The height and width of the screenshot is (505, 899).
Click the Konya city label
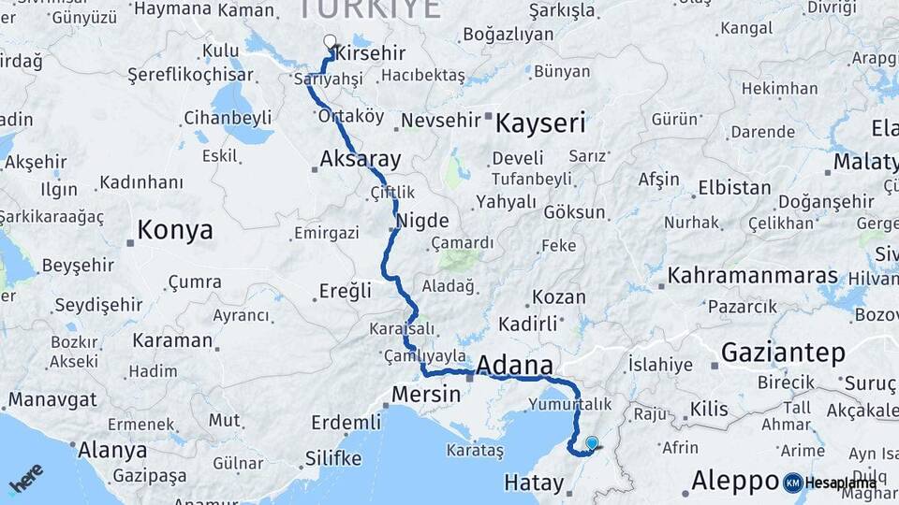point(175,230)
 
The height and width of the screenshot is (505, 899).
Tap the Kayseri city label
point(540,123)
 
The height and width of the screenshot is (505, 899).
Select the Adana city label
point(514,365)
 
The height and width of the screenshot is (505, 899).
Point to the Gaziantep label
point(783,353)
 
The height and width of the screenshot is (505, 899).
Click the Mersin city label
point(426,394)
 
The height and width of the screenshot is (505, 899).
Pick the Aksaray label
point(361,158)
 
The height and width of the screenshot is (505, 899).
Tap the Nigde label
point(422,222)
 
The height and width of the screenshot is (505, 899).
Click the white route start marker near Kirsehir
point(330,41)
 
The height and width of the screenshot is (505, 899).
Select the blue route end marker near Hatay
point(592,442)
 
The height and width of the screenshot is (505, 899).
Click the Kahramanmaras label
point(752,276)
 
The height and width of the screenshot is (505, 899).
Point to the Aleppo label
point(729,481)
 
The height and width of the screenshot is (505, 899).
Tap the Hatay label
point(534,483)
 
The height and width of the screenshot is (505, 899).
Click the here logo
point(25,477)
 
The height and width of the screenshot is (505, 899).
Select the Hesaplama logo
point(828,483)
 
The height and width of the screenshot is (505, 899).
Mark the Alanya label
point(111,450)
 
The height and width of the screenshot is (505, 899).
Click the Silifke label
point(332,458)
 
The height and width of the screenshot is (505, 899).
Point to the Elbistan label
point(734,188)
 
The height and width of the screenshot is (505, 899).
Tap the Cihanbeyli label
point(228,118)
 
